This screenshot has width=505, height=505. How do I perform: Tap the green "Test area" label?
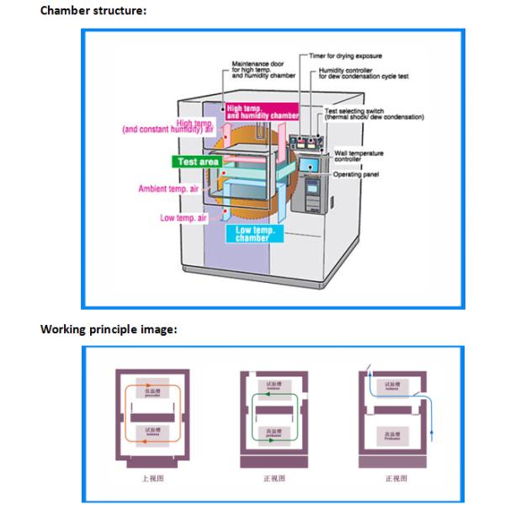[x=199, y=160]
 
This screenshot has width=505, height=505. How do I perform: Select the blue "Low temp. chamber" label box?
[x=253, y=233]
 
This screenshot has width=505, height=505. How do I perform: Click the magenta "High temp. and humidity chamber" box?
[x=262, y=112]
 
